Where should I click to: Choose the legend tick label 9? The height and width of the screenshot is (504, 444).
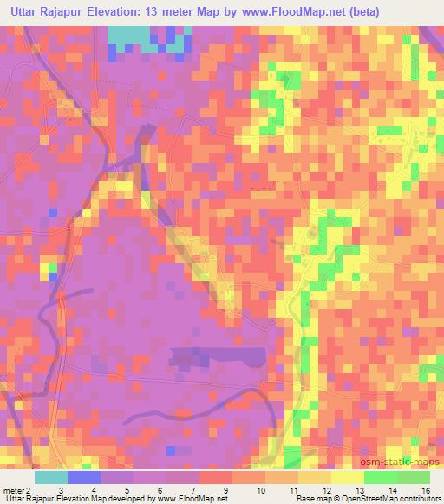225,491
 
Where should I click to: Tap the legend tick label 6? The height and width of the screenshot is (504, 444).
159,491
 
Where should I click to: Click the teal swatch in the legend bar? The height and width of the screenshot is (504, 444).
51,477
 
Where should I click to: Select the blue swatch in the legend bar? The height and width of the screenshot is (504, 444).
84,477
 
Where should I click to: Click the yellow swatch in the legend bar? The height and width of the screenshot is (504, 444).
347,477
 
